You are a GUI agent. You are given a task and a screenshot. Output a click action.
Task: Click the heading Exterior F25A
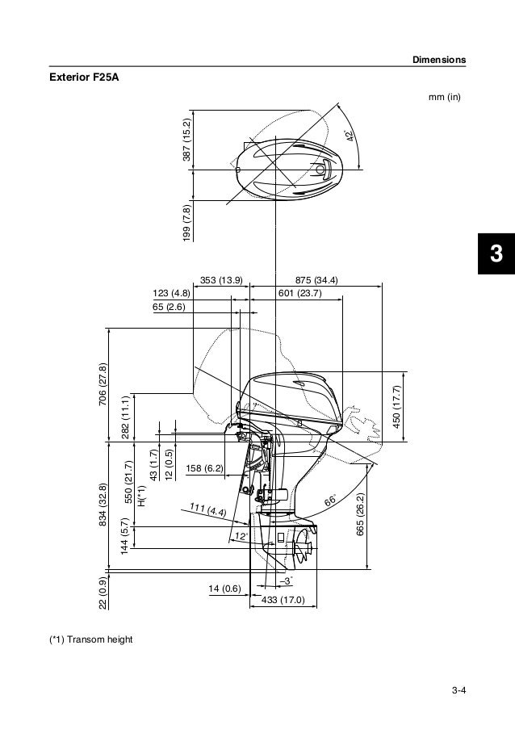coord(84,78)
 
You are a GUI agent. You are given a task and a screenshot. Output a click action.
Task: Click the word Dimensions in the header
coord(439,60)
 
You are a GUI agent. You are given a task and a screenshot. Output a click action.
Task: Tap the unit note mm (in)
coord(444,97)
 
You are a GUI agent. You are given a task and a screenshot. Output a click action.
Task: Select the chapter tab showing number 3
coord(496,253)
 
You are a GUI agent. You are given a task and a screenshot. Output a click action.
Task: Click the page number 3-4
coord(458,690)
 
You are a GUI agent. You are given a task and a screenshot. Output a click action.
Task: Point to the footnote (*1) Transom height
coord(91,639)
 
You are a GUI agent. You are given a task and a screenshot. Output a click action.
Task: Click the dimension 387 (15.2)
coord(186,140)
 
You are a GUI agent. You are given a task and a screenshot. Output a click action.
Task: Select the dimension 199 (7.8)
coord(186,223)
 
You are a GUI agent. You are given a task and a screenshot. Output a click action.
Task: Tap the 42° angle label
coord(350,136)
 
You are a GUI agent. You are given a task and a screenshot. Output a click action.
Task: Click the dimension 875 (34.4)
coord(316,280)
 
